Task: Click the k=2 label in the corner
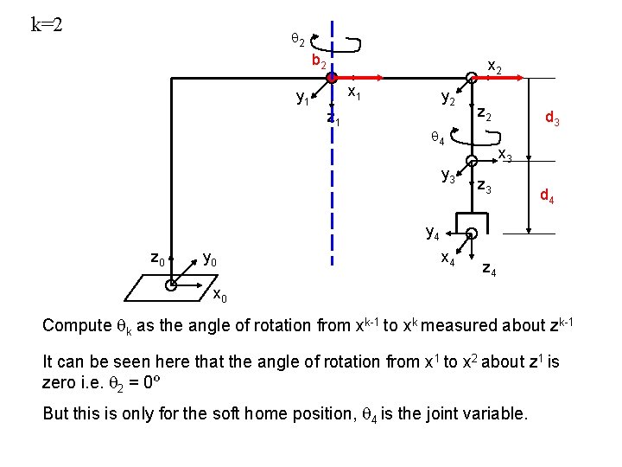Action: [x=47, y=23]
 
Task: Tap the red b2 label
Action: [x=319, y=61]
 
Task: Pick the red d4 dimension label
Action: [x=546, y=197]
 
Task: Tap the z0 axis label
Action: [x=158, y=258]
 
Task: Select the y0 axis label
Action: [x=209, y=259]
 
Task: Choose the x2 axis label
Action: [x=496, y=66]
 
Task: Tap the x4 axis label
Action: [x=449, y=258]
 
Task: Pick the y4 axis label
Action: [x=433, y=232]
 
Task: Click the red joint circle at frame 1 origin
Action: [x=331, y=78]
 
